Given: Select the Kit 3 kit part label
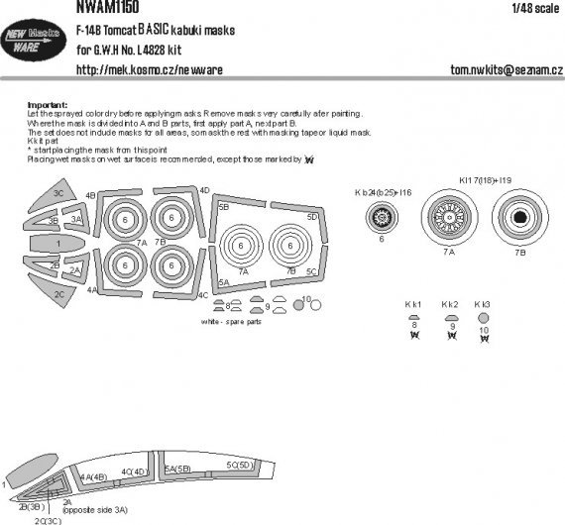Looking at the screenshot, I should click(483, 303).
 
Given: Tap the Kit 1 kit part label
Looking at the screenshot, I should click(413, 303).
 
